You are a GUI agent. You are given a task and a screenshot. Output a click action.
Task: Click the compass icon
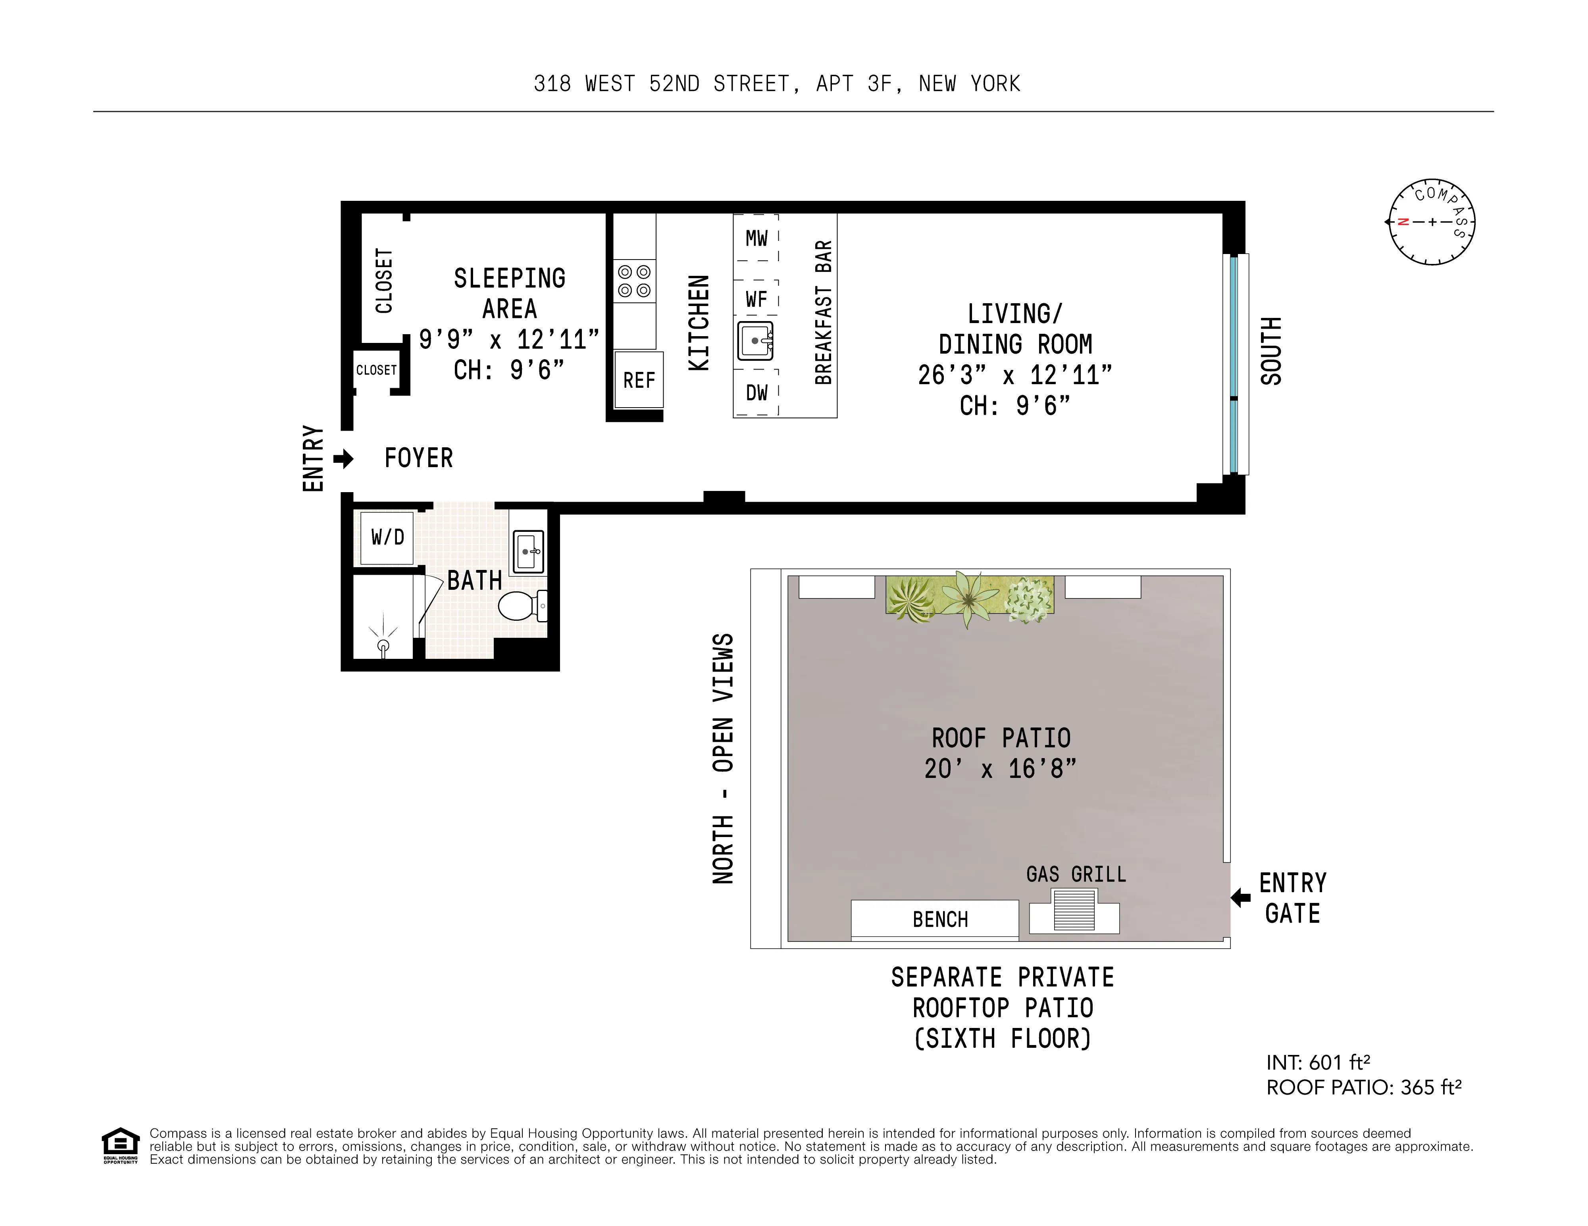(1431, 222)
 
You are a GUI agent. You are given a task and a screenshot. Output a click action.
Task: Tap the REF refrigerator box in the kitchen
(638, 379)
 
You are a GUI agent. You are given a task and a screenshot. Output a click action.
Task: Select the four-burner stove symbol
(634, 281)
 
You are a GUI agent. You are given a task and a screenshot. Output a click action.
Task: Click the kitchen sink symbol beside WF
(755, 340)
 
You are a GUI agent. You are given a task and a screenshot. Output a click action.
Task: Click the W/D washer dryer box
(387, 537)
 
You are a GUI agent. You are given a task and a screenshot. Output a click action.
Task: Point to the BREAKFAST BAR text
(823, 313)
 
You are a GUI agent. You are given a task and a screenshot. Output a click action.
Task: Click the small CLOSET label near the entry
(376, 370)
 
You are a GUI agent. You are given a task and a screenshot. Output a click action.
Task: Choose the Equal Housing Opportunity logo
(120, 1145)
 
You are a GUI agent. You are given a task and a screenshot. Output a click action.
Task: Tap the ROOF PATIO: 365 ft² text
(1363, 1087)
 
